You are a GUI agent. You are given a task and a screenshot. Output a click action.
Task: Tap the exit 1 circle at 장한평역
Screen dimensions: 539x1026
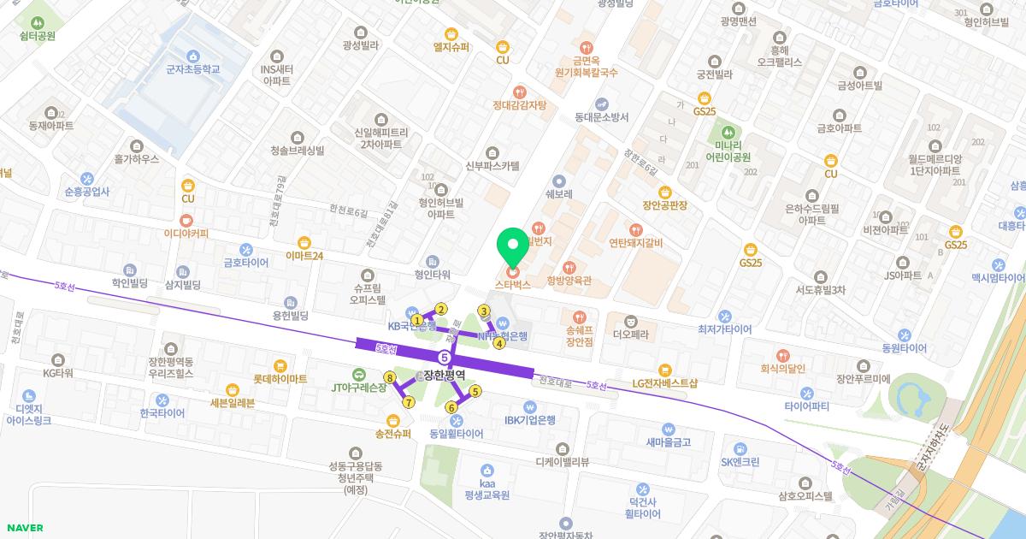click(417, 320)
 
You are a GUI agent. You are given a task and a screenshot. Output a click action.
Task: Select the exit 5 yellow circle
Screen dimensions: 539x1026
click(475, 392)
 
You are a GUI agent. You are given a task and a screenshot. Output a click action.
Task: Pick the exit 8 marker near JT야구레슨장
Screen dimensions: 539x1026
click(390, 377)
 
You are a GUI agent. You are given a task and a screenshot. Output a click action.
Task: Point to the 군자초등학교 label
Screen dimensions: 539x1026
click(180, 68)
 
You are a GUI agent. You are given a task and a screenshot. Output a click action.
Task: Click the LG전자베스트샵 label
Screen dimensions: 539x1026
click(665, 382)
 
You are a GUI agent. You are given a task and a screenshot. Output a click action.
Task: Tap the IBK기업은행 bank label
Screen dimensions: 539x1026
click(529, 419)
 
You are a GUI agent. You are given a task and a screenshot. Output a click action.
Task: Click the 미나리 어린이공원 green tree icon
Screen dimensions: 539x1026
click(728, 133)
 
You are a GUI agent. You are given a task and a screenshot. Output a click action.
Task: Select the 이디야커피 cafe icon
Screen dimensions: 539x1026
click(186, 219)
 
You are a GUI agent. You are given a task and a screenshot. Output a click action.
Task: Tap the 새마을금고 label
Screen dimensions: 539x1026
click(668, 442)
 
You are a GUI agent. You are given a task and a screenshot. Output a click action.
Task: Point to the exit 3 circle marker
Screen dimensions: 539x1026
click(484, 311)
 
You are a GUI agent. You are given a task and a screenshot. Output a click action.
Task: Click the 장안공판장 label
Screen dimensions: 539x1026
click(665, 205)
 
